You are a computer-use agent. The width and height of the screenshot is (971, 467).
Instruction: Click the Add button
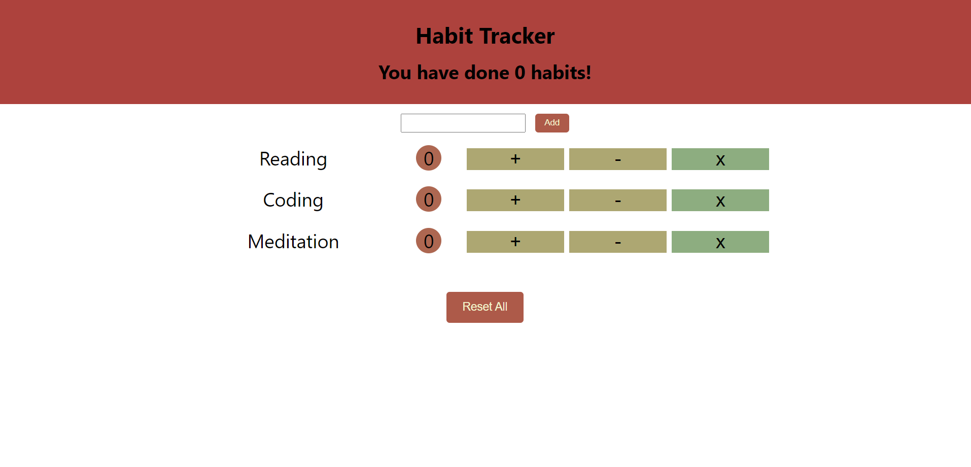click(x=552, y=123)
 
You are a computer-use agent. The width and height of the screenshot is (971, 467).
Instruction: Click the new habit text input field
click(x=463, y=123)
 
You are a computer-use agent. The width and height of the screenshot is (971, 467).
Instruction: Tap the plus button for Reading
click(x=515, y=159)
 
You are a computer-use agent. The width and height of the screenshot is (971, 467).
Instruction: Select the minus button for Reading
click(x=617, y=159)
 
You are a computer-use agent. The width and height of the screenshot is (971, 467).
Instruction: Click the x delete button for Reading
click(x=720, y=159)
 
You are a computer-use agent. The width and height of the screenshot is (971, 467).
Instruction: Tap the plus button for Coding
click(x=515, y=200)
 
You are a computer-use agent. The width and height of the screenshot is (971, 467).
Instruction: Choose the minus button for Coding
click(x=617, y=200)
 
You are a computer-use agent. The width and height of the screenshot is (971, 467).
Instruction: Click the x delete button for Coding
click(x=720, y=200)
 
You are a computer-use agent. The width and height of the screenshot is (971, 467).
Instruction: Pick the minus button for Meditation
click(x=617, y=242)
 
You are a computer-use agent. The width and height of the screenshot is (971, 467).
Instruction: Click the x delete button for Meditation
click(x=720, y=242)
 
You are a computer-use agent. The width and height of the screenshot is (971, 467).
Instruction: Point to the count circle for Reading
click(x=429, y=158)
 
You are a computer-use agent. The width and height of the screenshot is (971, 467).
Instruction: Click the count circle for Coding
click(x=429, y=199)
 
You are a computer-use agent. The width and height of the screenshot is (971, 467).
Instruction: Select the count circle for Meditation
click(x=429, y=241)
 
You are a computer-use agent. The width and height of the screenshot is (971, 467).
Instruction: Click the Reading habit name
click(x=293, y=159)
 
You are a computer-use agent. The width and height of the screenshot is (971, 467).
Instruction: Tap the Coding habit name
click(x=293, y=201)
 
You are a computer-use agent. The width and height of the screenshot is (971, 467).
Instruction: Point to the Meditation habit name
click(x=293, y=242)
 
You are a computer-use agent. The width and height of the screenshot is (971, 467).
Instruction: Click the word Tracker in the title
click(x=517, y=36)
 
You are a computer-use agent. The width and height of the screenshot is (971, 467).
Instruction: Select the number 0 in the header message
click(x=520, y=73)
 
